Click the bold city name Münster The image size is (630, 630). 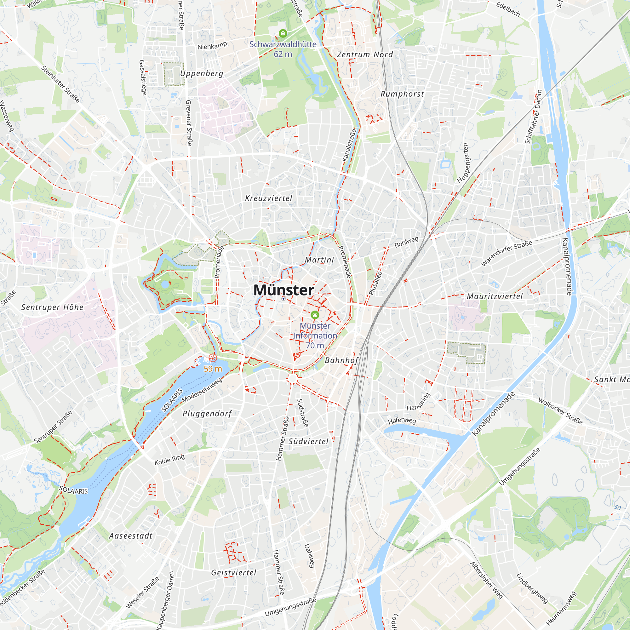tap(284, 290)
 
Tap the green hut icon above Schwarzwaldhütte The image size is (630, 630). tap(283, 33)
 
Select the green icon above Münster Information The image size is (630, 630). tap(315, 315)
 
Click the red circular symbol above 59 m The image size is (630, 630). tap(213, 358)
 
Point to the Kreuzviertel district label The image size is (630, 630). tap(269, 198)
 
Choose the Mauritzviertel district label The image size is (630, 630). tap(495, 296)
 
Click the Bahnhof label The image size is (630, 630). tap(341, 360)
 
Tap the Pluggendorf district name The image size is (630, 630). tap(207, 414)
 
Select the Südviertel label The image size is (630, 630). tap(308, 442)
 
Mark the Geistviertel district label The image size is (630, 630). tap(234, 573)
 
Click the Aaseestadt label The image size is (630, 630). tap(131, 536)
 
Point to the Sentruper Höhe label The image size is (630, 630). tap(53, 307)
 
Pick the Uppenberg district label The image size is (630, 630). tap(202, 73)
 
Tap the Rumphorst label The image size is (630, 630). tap(402, 94)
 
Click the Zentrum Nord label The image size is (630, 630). tap(365, 54)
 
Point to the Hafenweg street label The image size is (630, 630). tap(402, 421)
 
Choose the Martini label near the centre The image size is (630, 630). tap(319, 260)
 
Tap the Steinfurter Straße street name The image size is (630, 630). tap(61, 84)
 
